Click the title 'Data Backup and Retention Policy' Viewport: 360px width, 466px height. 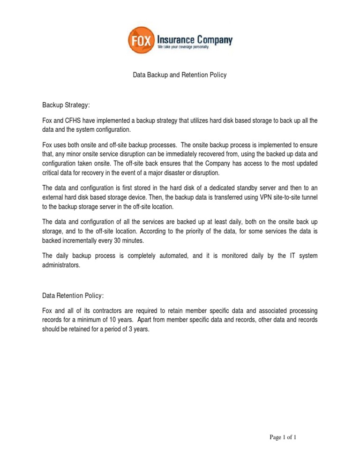point(180,75)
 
